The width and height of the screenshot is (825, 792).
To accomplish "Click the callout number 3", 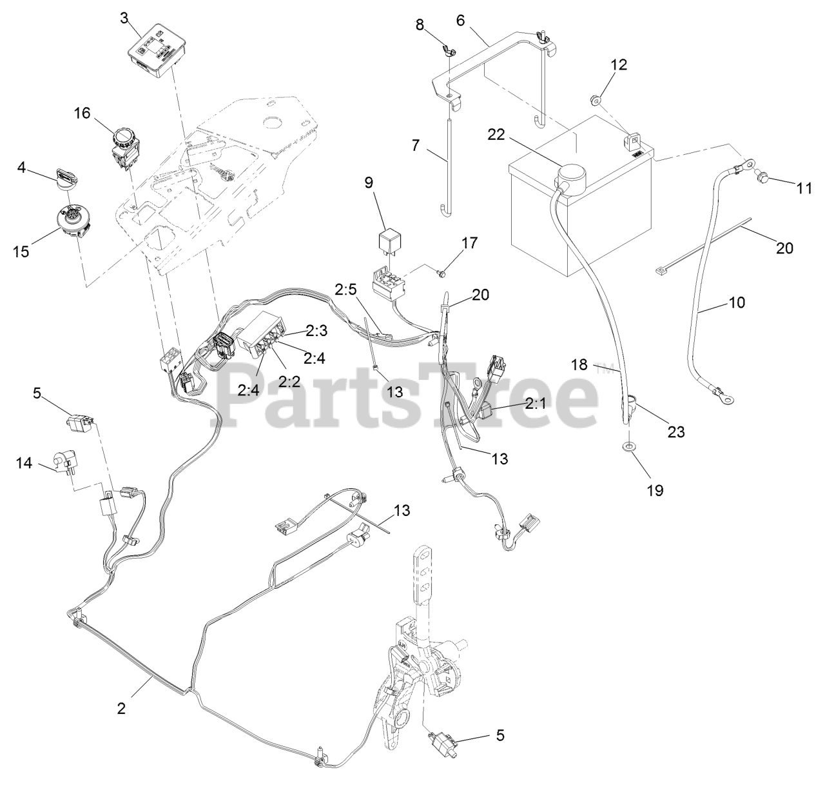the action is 124,17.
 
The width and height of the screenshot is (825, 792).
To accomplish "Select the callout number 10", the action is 737,302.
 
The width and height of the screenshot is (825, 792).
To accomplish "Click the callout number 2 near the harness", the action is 121,708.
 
